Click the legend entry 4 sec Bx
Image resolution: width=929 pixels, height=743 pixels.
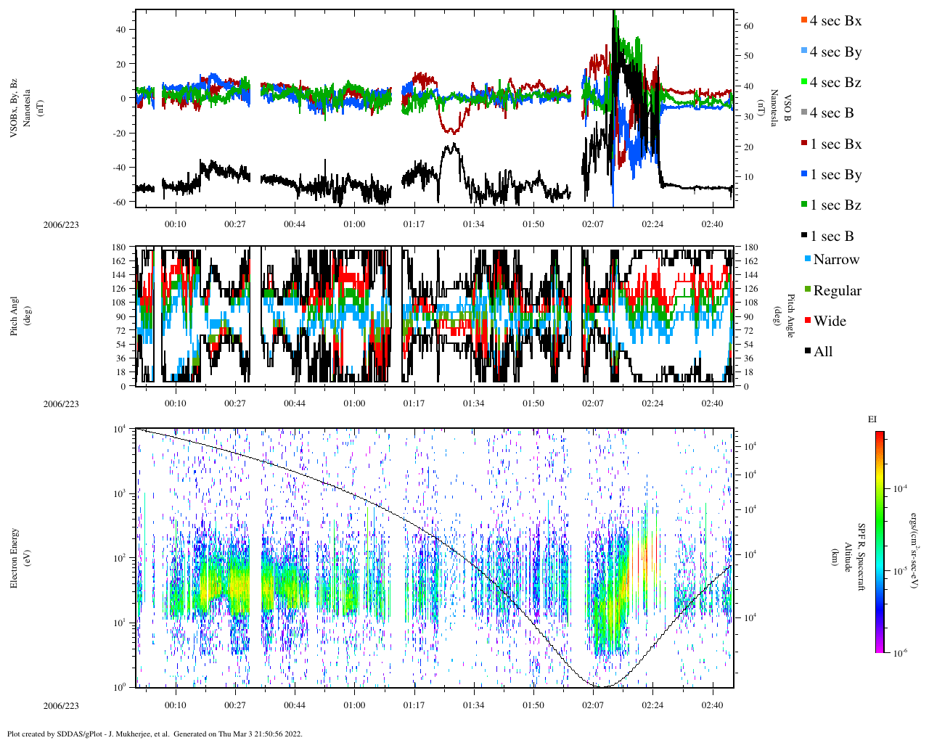(x=835, y=21)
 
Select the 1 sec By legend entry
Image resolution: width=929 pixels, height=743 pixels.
(x=835, y=175)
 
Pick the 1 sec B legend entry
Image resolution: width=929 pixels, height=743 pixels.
(x=831, y=237)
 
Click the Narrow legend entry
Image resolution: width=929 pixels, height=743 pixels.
(x=835, y=260)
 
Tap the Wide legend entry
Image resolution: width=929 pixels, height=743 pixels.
(x=829, y=321)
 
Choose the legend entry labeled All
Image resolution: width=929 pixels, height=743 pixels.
(x=822, y=352)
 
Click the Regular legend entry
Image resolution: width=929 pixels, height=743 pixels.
(x=836, y=291)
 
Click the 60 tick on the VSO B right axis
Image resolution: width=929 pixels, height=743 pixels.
(x=748, y=26)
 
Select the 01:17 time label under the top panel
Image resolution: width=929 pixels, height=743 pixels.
(x=414, y=224)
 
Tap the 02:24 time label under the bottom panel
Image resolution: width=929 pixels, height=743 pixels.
(x=652, y=705)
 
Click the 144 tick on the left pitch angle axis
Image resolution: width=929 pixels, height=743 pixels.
(x=118, y=275)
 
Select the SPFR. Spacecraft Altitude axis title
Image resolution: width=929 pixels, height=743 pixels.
(x=854, y=557)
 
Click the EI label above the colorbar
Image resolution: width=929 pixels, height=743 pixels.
(x=872, y=419)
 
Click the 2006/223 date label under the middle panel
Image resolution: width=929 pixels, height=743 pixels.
(x=61, y=404)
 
